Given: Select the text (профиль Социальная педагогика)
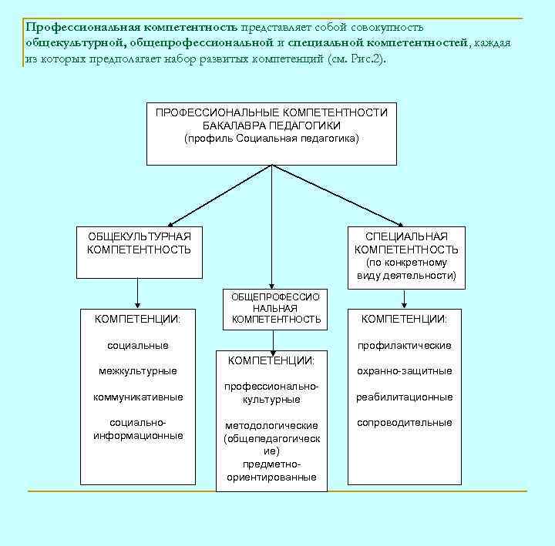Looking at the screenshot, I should [x=271, y=139].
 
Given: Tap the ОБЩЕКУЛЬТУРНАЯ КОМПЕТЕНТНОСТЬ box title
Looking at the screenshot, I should [x=139, y=243].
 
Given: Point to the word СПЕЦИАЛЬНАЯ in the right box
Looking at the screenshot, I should [x=406, y=236].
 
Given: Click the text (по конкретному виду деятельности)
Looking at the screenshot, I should [x=406, y=269].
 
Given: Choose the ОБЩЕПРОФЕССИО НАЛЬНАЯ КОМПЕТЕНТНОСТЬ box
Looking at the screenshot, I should [x=275, y=307].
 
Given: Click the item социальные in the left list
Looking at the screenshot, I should [x=138, y=345].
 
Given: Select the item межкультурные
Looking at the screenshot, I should [x=138, y=371].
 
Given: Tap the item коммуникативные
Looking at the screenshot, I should [x=138, y=397].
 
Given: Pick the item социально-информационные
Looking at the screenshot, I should [x=138, y=429].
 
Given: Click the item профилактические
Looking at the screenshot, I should [x=404, y=345].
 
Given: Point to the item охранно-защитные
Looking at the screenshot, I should [x=404, y=371].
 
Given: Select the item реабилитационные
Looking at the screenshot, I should [x=404, y=397].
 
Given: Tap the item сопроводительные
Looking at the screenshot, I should [x=404, y=423].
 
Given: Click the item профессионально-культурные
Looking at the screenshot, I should [x=271, y=393].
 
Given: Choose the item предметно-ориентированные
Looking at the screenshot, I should [x=271, y=471].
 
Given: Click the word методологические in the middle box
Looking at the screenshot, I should [x=271, y=425].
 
